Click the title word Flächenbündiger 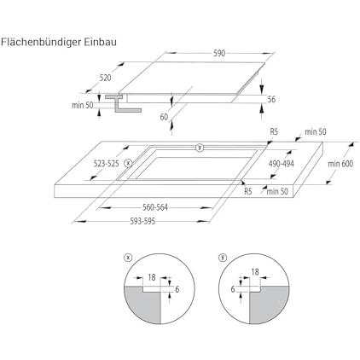pos(41,43)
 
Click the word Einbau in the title pos(101,42)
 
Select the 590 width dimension pos(219,53)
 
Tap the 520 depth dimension pos(105,78)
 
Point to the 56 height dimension pos(271,99)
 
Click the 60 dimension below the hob pos(164,117)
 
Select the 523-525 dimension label pos(106,164)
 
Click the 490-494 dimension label pos(282,164)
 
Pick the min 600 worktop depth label pos(340,164)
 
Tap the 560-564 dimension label pos(155,207)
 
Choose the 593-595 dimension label pos(142,221)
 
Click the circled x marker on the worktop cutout pos(129,164)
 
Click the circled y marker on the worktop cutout pos(200,148)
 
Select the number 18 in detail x pos(152,277)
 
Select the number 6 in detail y pos(233,289)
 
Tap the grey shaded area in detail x pos(142,305)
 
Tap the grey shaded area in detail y pos(269,305)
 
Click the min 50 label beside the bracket pos(83,105)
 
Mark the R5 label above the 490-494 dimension pos(274,131)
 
